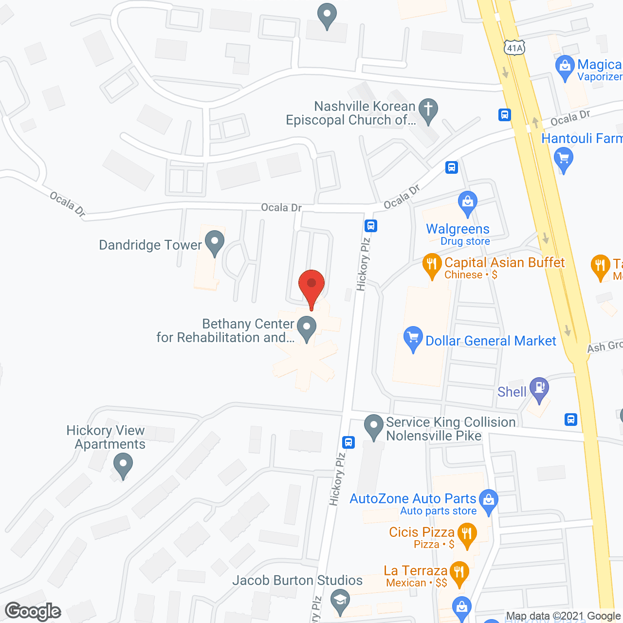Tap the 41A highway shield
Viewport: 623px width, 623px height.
pyautogui.click(x=514, y=48)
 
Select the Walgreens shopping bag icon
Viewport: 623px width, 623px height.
pyautogui.click(x=468, y=203)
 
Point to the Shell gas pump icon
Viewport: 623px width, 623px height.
pyautogui.click(x=539, y=389)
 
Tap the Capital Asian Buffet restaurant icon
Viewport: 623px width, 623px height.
pyautogui.click(x=432, y=265)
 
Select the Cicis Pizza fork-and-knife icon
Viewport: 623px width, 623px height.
pyautogui.click(x=467, y=535)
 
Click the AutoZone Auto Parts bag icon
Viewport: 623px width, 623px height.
pyautogui.click(x=489, y=501)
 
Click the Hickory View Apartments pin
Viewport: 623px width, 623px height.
pyautogui.click(x=123, y=464)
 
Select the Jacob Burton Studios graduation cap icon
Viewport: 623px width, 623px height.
pyautogui.click(x=340, y=601)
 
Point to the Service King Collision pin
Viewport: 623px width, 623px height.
pyautogui.click(x=374, y=426)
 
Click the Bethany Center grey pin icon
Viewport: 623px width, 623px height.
pyautogui.click(x=307, y=328)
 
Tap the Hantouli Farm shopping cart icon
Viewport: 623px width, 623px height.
pyautogui.click(x=564, y=160)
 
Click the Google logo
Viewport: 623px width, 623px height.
pyautogui.click(x=33, y=611)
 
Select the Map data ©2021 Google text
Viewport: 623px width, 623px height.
pyautogui.click(x=563, y=616)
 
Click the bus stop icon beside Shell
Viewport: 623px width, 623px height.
pyautogui.click(x=571, y=419)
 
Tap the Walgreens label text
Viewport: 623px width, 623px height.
pyautogui.click(x=458, y=229)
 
